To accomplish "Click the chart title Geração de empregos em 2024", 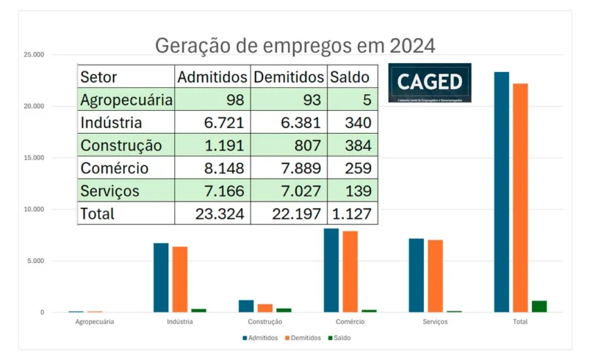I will tap(295, 46).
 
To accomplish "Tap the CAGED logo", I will tap(430, 82).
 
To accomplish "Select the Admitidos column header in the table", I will tap(212, 76).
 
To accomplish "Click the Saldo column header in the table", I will tap(350, 76).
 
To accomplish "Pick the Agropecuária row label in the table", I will tap(126, 99).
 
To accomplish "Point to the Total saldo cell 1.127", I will tap(350, 214).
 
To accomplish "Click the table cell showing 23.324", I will tap(213, 214).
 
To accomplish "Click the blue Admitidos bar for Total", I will tap(501, 192).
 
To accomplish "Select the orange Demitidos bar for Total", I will tap(520, 198).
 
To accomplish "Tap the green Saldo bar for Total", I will tap(539, 306).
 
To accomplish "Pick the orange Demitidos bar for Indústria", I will tap(180, 280).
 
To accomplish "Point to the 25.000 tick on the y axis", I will tap(32, 55).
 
